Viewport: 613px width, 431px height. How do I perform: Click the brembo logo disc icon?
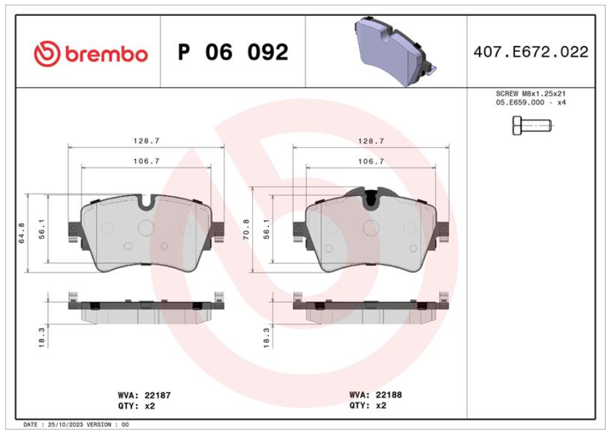point(47,53)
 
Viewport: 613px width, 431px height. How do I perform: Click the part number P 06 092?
point(233,52)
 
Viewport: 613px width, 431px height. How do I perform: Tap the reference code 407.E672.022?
point(531,52)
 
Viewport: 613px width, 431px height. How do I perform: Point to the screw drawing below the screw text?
point(532,125)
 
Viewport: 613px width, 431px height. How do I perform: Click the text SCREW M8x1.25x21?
point(530,94)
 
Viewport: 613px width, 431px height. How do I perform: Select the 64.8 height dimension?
point(22,233)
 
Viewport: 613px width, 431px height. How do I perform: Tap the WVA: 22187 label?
point(144,396)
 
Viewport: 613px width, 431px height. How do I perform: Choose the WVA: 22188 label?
point(376,395)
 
